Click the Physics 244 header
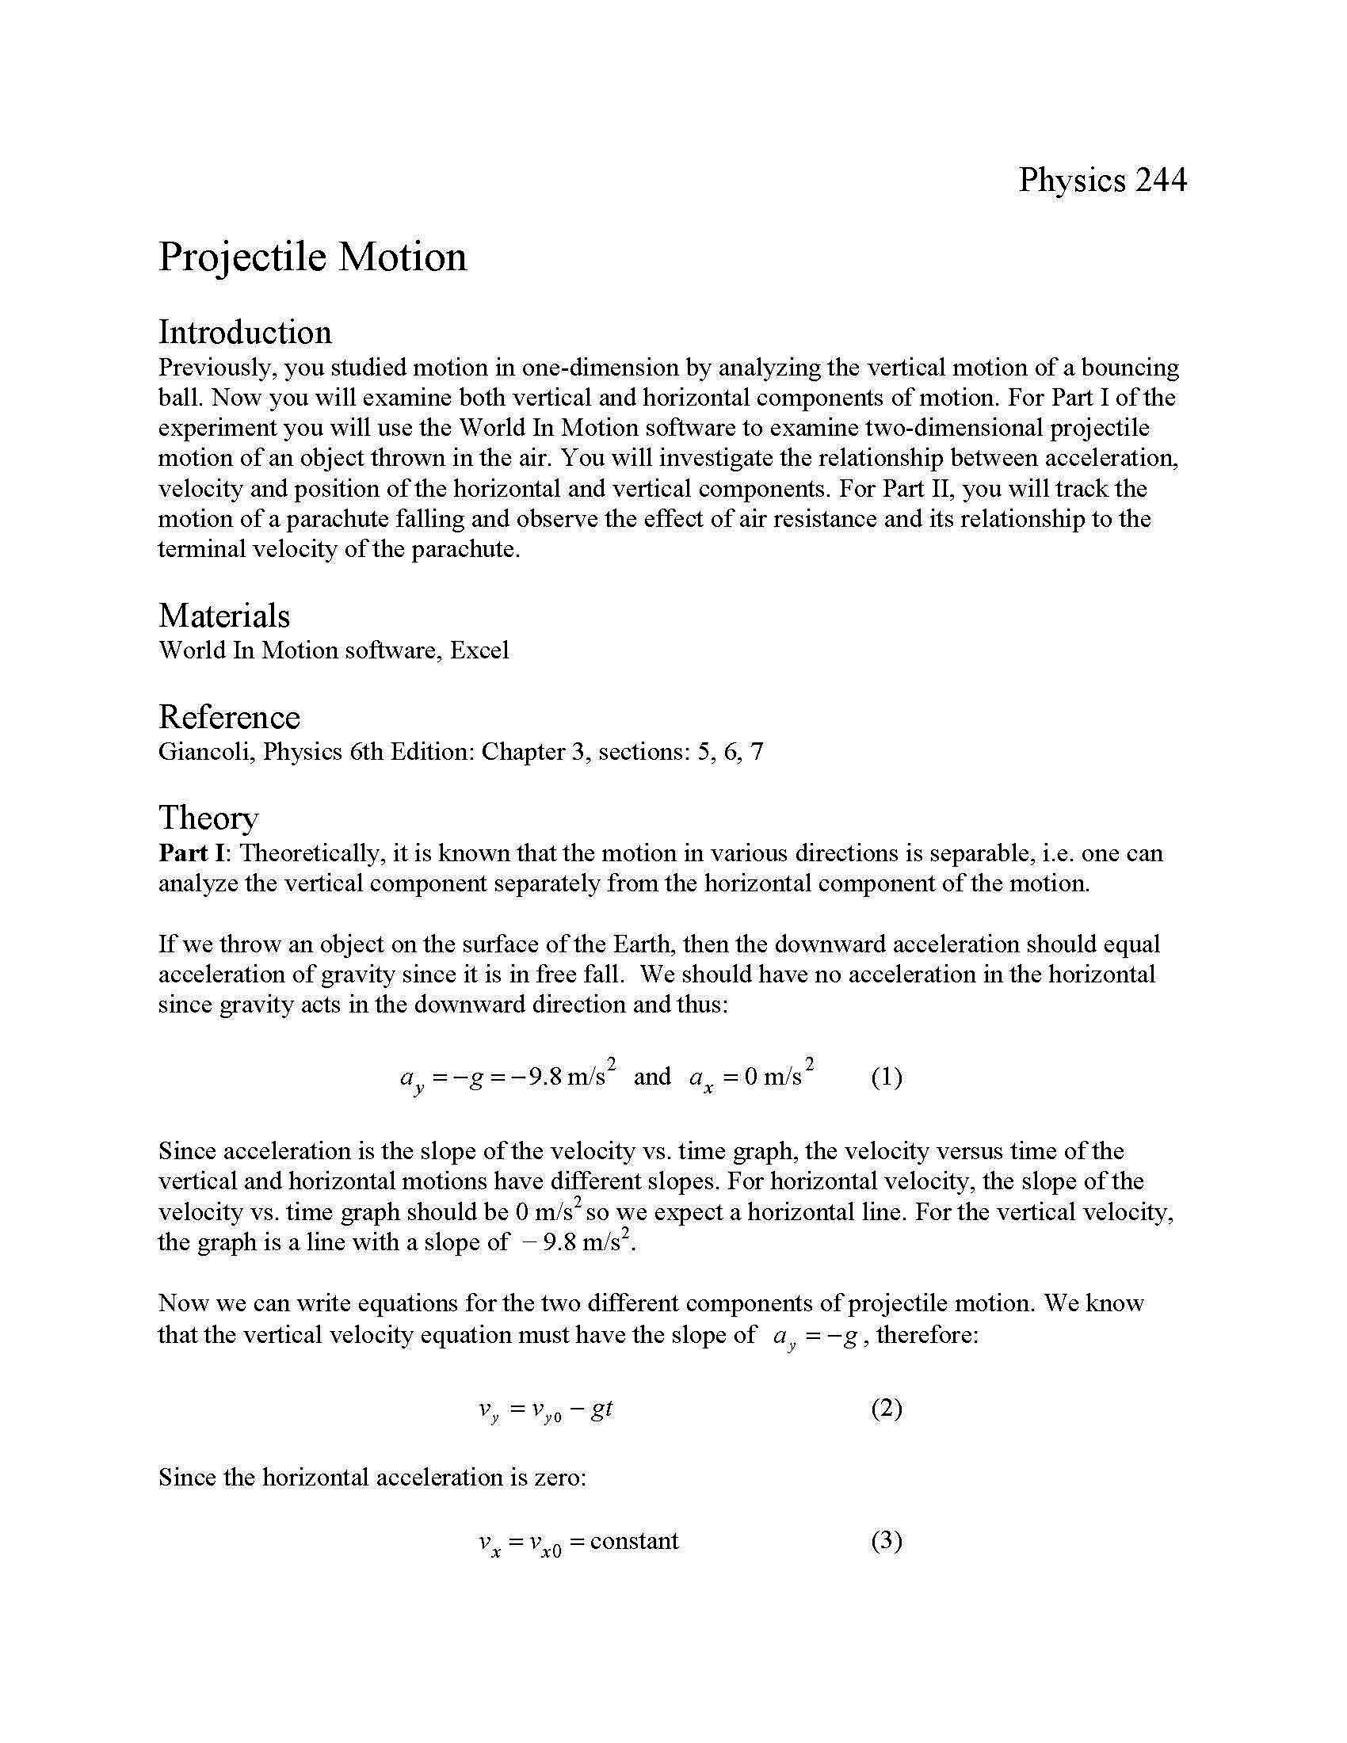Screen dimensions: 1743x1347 [x=1102, y=181]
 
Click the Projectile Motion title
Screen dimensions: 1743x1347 [x=312, y=257]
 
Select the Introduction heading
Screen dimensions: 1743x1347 [x=245, y=332]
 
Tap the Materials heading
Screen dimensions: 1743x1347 [x=224, y=616]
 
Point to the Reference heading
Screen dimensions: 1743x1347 [x=229, y=717]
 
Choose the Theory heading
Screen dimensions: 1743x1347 [x=208, y=818]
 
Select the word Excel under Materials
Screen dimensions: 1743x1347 [x=479, y=650]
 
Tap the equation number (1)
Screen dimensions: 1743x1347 [x=886, y=1077]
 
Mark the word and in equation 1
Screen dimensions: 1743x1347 [x=652, y=1077]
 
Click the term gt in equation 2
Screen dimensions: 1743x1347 [x=601, y=1409]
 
